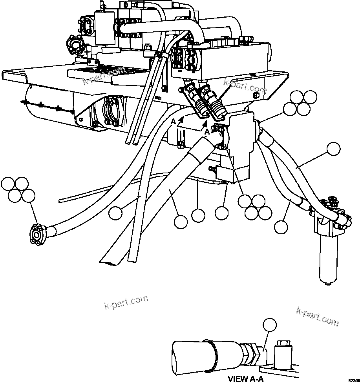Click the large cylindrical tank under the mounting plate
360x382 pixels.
47,104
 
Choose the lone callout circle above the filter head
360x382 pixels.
333,149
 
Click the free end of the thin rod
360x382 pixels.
60,201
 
